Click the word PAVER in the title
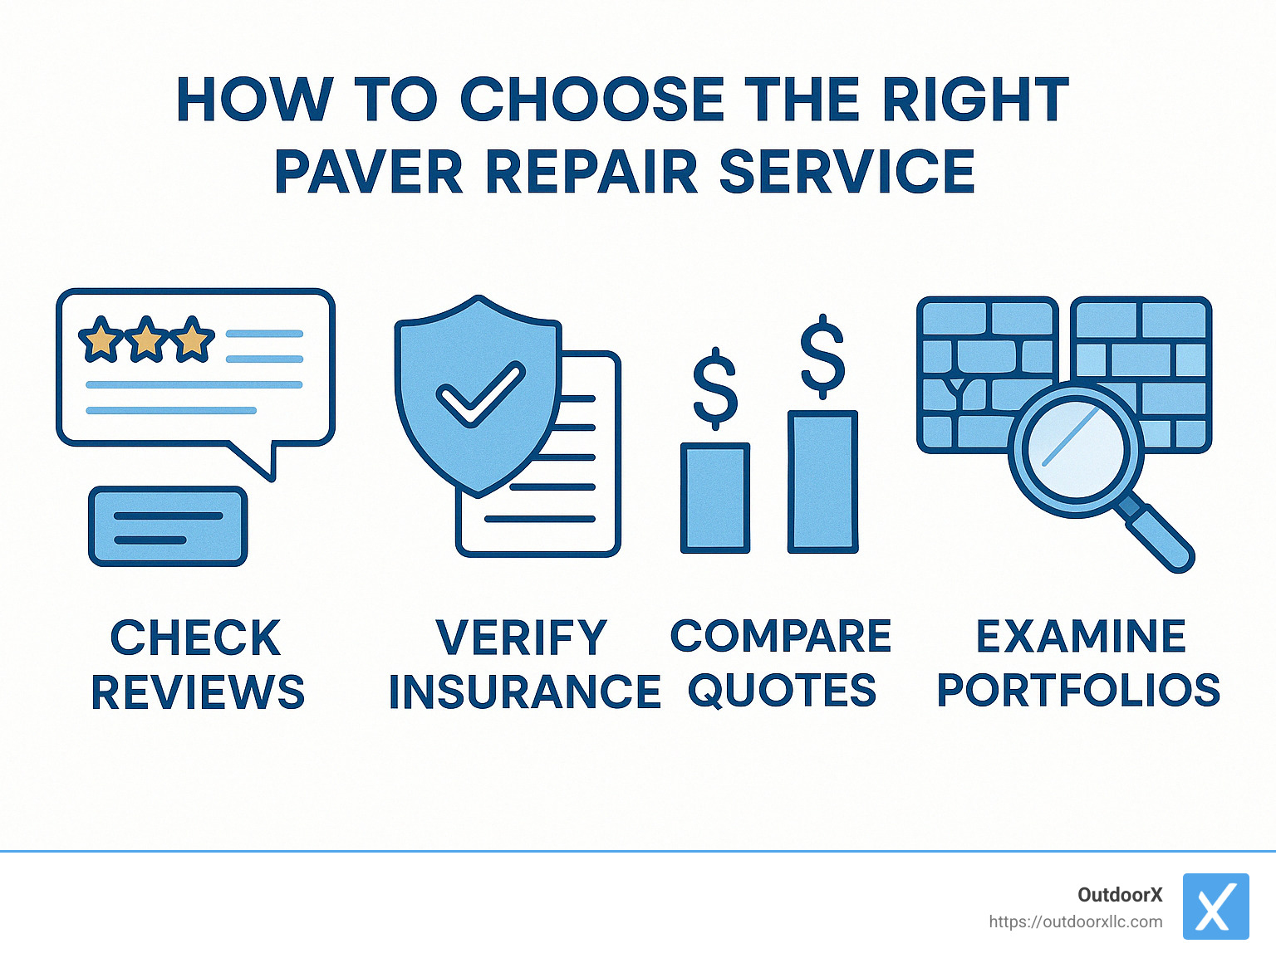(x=368, y=172)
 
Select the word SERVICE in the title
(x=847, y=172)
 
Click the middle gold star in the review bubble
(x=146, y=339)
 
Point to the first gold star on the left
(x=101, y=339)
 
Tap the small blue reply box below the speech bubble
(x=168, y=527)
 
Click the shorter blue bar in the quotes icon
(x=714, y=498)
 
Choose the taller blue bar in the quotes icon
(x=822, y=481)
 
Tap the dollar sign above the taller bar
(x=822, y=355)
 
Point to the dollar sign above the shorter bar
(x=714, y=389)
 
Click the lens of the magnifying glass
(x=1075, y=449)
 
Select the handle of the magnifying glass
(x=1158, y=535)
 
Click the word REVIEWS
(x=198, y=692)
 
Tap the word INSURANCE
(x=524, y=692)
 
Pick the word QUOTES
(x=782, y=690)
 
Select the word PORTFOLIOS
(x=1078, y=690)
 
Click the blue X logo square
(x=1215, y=906)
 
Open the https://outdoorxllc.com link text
(x=1075, y=921)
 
